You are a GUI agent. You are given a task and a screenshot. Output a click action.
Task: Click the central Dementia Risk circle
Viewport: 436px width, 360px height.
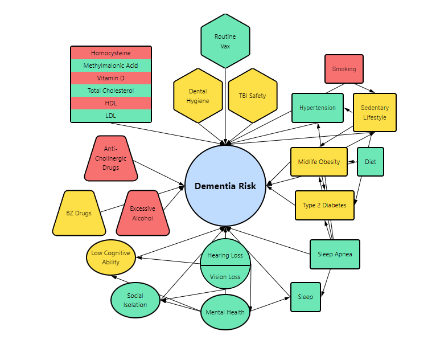(x=225, y=186)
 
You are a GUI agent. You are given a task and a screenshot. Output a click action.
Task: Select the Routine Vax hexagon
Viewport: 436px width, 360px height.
(x=225, y=41)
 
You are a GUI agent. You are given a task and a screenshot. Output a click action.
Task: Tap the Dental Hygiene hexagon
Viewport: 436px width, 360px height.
(x=198, y=96)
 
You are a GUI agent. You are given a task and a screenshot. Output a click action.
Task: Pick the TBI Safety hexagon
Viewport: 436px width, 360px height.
(x=252, y=96)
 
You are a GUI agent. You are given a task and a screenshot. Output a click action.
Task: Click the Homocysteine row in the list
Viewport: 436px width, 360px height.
(x=111, y=53)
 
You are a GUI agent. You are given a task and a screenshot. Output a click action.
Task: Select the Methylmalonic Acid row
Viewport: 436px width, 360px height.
(x=111, y=66)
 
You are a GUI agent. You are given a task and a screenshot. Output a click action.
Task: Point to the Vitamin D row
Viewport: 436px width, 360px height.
(x=111, y=78)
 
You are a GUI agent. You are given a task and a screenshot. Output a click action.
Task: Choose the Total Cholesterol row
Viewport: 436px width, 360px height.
(x=111, y=91)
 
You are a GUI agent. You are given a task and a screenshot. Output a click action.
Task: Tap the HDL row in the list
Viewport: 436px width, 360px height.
(x=111, y=103)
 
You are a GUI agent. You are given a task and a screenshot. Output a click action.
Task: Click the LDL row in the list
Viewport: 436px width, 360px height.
(x=111, y=116)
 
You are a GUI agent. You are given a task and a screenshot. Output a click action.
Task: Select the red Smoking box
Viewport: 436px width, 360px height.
(x=344, y=69)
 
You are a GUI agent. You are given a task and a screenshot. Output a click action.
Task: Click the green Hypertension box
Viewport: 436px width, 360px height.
(x=318, y=108)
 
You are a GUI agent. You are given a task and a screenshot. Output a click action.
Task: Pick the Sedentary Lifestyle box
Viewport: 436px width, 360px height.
(x=375, y=113)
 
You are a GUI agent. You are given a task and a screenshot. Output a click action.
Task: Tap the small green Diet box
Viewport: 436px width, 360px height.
(x=371, y=162)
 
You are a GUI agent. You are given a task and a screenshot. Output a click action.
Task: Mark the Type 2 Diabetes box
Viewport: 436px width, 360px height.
(x=324, y=205)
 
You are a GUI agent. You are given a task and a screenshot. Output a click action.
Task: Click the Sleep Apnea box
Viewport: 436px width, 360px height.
(x=335, y=254)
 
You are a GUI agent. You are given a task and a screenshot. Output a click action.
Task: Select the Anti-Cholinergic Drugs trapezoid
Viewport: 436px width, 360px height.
(x=110, y=158)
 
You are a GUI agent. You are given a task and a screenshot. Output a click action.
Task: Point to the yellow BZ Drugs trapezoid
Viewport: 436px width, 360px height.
(x=79, y=213)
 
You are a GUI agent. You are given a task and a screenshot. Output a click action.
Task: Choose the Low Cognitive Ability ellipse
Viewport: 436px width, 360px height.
(x=111, y=258)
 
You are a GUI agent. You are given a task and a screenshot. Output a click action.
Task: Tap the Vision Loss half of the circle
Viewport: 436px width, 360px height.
(x=225, y=277)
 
